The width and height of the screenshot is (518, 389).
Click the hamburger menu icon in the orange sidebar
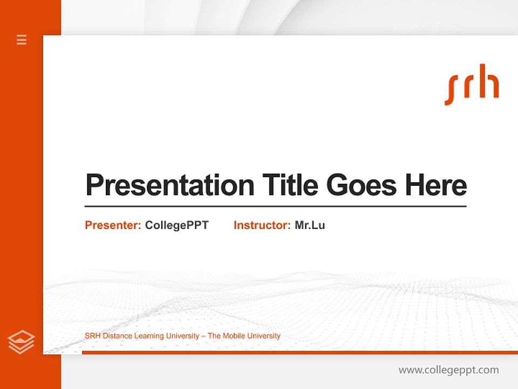coord(22,39)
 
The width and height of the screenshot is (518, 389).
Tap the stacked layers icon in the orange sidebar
coord(21,342)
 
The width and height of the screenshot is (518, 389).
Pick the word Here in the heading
coord(436,185)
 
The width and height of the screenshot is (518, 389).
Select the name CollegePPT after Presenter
coord(176,225)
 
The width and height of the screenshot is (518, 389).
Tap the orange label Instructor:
coord(262,225)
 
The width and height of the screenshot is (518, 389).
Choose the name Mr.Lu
coord(310,225)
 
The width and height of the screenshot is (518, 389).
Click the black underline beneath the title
coord(275,206)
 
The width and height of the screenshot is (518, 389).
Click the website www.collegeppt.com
coord(448,370)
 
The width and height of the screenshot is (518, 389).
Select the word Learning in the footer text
coord(149,336)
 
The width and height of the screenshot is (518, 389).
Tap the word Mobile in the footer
coord(233,336)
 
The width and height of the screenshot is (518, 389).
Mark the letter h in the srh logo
coord(489,82)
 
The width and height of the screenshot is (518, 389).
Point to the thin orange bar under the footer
coord(299,352)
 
